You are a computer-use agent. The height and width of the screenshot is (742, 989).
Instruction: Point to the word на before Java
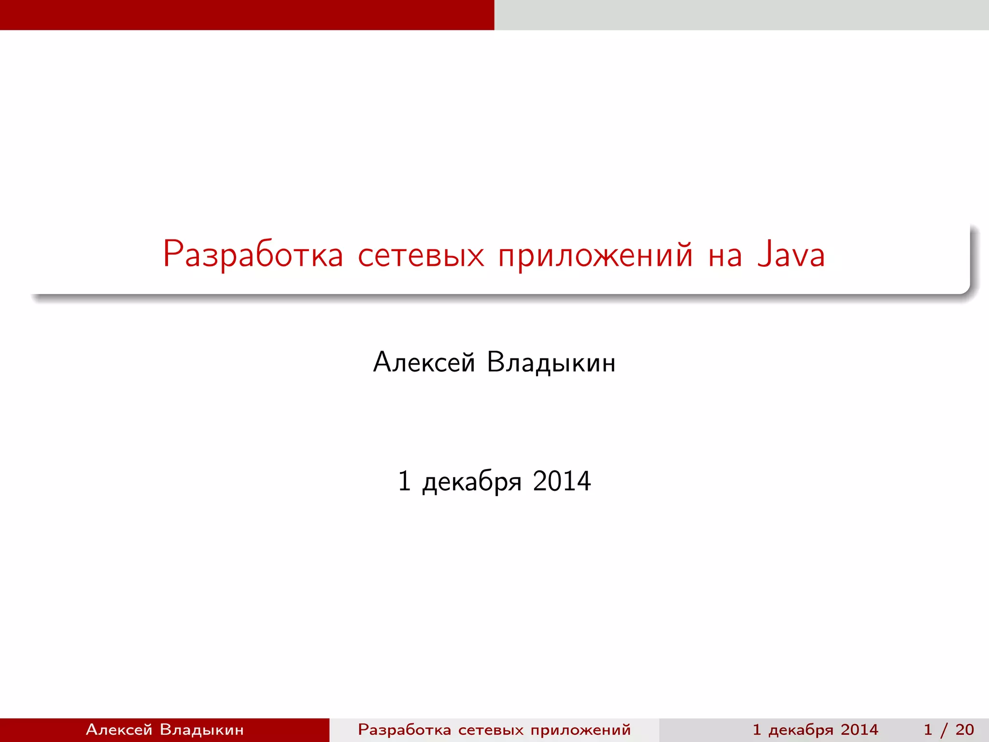point(725,257)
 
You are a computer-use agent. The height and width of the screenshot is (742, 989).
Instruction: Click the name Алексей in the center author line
point(424,362)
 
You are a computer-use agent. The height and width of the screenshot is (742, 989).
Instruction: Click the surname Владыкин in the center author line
point(551,362)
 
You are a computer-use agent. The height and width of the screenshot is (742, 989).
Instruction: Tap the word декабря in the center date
point(472,482)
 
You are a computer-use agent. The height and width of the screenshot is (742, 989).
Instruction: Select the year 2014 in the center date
point(562,481)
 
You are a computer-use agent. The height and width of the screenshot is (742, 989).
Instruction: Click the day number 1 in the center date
point(405,481)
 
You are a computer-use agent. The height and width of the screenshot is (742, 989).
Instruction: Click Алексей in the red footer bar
point(119,729)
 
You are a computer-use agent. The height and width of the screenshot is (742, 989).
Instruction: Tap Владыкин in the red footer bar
point(201,729)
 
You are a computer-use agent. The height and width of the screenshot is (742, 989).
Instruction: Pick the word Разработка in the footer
point(404,729)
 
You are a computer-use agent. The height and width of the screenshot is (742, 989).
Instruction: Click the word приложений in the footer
point(580,730)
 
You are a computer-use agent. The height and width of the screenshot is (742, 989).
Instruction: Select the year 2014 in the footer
point(859,729)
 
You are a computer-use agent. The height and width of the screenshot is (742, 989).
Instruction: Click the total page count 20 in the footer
point(964,729)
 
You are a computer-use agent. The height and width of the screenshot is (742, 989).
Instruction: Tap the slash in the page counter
point(944,730)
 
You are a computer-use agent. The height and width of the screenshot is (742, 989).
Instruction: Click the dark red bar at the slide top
point(247,14)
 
